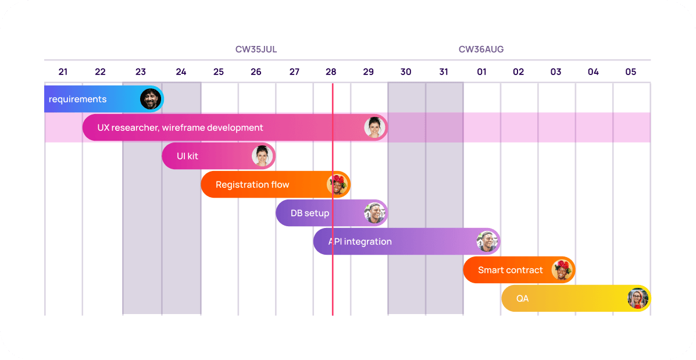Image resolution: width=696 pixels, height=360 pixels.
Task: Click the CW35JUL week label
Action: point(256,49)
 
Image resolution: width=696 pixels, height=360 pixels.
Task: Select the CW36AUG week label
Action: point(481,49)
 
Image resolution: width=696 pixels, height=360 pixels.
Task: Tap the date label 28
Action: point(331,72)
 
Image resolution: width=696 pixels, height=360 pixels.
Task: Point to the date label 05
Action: point(631,72)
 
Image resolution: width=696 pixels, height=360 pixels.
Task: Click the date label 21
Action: point(63,72)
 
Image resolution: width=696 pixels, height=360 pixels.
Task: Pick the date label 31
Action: point(444,72)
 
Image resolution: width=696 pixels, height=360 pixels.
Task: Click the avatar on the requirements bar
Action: point(151,99)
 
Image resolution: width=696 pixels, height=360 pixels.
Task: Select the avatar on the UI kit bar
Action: point(262,156)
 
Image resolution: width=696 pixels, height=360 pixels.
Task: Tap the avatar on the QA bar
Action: point(638,298)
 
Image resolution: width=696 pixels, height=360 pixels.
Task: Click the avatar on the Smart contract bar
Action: point(562,270)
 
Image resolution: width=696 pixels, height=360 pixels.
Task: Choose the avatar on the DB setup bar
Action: point(375,213)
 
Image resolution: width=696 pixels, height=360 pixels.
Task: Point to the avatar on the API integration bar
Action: point(487,241)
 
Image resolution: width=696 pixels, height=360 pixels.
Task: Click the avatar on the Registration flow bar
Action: point(337,184)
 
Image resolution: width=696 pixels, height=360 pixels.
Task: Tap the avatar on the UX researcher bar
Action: point(375,127)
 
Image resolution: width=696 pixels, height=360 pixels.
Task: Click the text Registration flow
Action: point(252,185)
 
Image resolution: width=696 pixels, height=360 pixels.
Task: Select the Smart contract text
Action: point(510,270)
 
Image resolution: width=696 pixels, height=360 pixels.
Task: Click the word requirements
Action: point(77,99)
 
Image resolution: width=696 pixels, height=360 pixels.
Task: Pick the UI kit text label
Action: point(188,156)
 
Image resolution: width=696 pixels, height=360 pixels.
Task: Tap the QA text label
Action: point(522,299)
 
